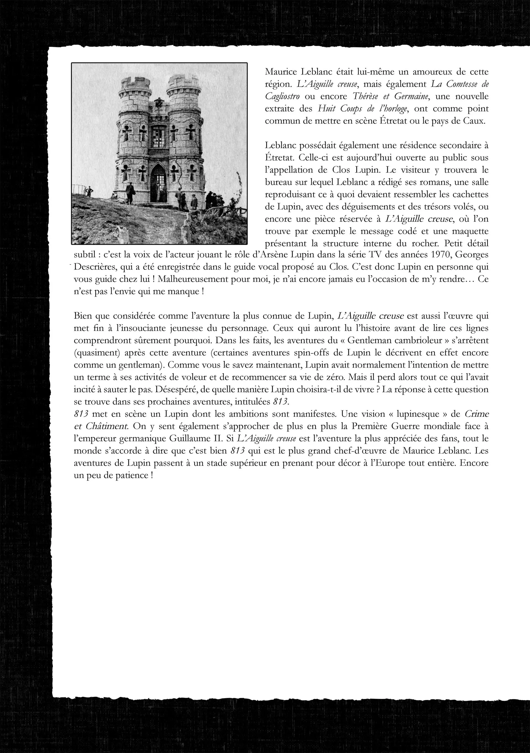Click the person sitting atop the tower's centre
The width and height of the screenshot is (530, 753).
(159, 102)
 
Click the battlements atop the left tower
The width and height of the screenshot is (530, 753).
(134, 84)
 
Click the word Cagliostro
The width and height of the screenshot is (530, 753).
(282, 97)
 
